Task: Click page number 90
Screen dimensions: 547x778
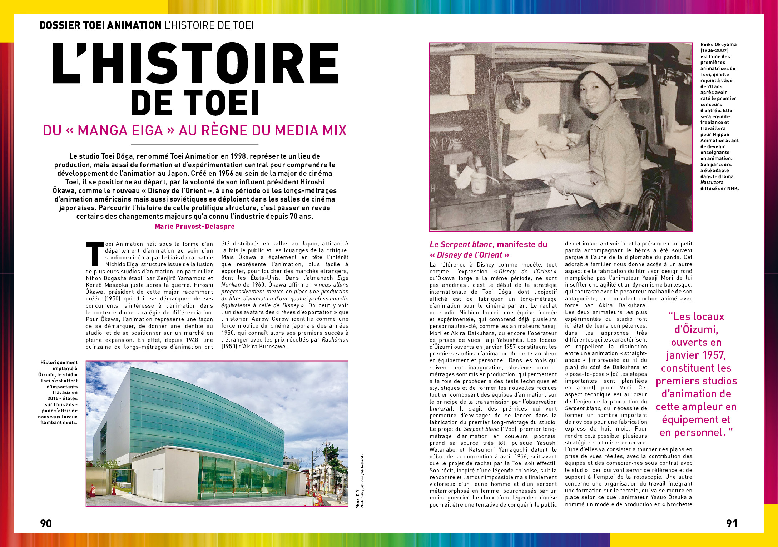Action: pyautogui.click(x=46, y=523)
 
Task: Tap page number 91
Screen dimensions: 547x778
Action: pyautogui.click(x=732, y=523)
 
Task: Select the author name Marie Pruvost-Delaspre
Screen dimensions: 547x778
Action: pyautogui.click(x=194, y=226)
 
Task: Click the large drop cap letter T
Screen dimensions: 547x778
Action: pyautogui.click(x=94, y=254)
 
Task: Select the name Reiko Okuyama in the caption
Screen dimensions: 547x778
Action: pyautogui.click(x=718, y=45)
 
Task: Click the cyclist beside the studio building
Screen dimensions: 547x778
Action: pyautogui.click(x=339, y=495)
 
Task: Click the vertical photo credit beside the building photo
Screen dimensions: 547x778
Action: pyautogui.click(x=360, y=481)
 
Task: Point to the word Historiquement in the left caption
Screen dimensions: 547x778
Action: pyautogui.click(x=59, y=363)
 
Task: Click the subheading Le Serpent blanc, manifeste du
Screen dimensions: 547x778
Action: pyautogui.click(x=488, y=245)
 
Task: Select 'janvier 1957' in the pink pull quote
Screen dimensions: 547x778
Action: pyautogui.click(x=696, y=355)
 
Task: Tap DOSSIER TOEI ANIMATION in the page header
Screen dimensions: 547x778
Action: pyautogui.click(x=100, y=25)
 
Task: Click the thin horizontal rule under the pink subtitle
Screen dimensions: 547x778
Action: pyautogui.click(x=194, y=145)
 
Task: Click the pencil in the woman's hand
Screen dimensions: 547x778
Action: pyautogui.click(x=540, y=150)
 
